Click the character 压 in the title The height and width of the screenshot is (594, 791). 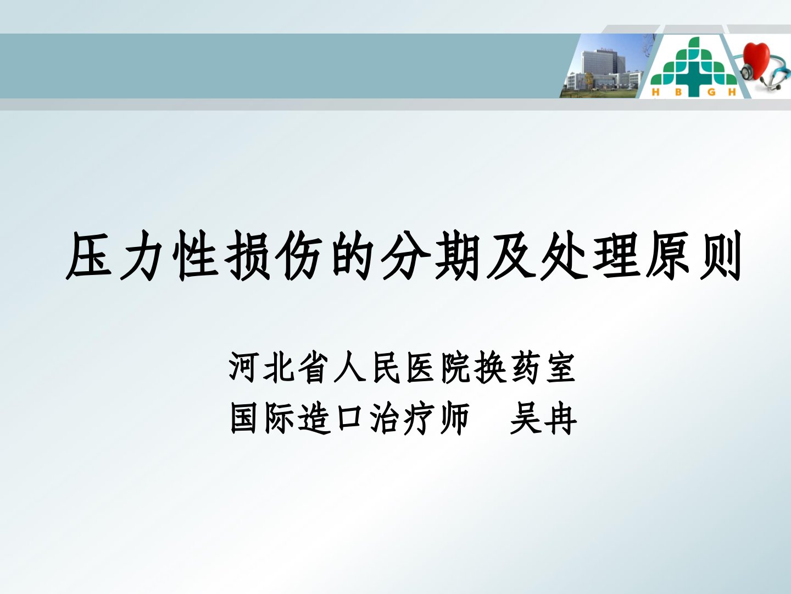pyautogui.click(x=89, y=256)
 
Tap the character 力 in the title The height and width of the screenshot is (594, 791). pyautogui.click(x=141, y=256)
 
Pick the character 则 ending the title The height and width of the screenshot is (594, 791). pyautogui.click(x=719, y=256)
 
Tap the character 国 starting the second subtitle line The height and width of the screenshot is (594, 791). pyautogui.click(x=244, y=419)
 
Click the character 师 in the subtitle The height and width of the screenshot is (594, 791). pyautogui.click(x=454, y=419)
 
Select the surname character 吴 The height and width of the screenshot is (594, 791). pyautogui.click(x=525, y=419)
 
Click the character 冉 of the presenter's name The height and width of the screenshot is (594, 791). pyautogui.click(x=560, y=419)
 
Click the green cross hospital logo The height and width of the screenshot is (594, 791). pyautogui.click(x=694, y=67)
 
